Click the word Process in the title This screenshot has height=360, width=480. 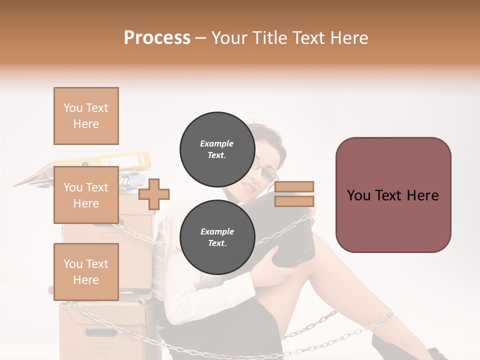[x=157, y=38]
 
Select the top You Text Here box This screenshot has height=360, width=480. [x=86, y=116]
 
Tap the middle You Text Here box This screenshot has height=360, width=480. [x=86, y=195]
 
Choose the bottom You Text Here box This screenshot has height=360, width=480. [x=86, y=271]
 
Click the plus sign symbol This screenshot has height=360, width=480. [x=154, y=194]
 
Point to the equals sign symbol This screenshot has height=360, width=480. [x=294, y=194]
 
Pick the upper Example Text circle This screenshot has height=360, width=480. [x=216, y=148]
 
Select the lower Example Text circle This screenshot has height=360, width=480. [x=216, y=236]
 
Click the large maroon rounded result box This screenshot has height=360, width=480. [x=393, y=195]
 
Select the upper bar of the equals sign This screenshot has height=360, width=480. [x=294, y=187]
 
